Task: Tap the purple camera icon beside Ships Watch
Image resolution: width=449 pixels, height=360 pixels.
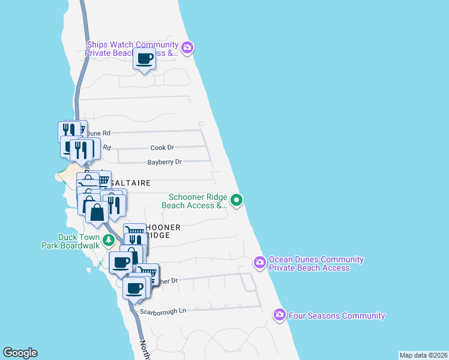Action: tap(187, 47)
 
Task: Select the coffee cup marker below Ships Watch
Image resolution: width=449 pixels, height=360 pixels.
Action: tap(144, 59)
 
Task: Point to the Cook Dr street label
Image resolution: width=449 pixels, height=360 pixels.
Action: tap(162, 147)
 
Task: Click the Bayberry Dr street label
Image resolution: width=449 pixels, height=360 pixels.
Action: tap(164, 162)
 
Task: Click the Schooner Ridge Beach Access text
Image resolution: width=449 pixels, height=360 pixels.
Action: tap(194, 200)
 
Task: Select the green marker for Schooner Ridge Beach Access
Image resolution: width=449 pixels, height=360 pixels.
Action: tap(237, 200)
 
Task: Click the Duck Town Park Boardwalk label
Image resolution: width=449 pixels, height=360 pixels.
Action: tap(70, 241)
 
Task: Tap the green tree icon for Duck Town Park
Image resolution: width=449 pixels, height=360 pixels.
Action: tap(108, 241)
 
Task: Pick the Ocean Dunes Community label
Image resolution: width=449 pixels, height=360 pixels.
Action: tap(316, 263)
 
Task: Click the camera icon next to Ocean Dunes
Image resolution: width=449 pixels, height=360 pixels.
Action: tap(260, 263)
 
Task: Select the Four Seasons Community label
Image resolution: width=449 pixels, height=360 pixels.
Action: tap(337, 316)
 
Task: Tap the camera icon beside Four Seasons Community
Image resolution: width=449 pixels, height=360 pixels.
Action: tap(280, 315)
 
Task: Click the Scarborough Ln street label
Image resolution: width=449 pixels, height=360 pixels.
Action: tap(163, 311)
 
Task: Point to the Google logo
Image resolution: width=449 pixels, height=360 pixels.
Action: tap(20, 353)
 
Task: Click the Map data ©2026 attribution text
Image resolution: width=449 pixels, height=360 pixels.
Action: tap(423, 355)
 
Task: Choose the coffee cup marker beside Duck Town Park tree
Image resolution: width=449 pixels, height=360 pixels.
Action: tap(121, 262)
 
